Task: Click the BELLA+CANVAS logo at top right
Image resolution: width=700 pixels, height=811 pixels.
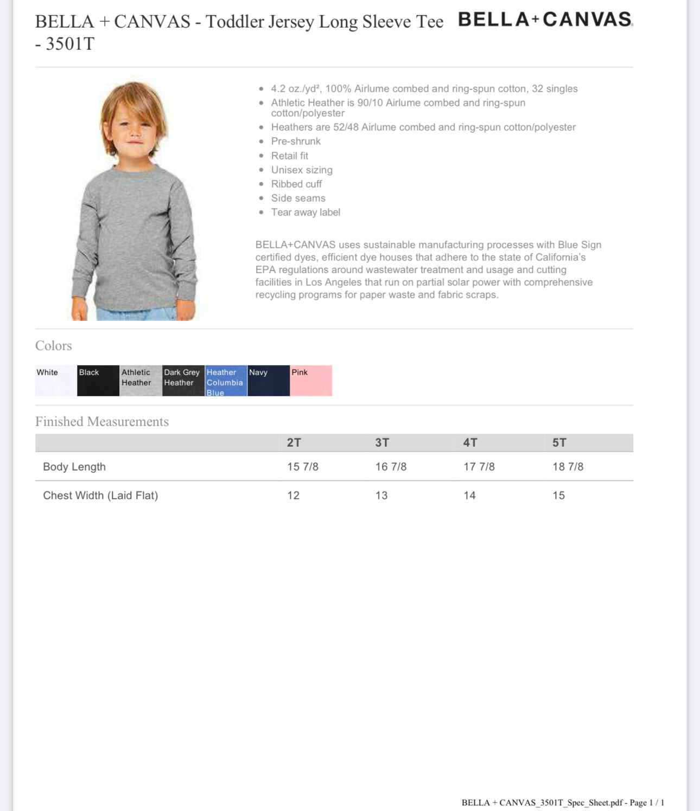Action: pos(545,20)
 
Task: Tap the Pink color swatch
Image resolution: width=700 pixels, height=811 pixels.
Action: pos(311,381)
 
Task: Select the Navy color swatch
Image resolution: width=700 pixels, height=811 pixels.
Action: pos(268,381)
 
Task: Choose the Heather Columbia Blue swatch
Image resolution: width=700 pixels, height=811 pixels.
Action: pos(226,381)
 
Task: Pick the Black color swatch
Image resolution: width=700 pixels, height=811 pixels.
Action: pos(98,381)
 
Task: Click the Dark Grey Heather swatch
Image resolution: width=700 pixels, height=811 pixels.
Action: pos(183,381)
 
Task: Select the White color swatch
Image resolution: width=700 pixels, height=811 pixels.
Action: pos(56,381)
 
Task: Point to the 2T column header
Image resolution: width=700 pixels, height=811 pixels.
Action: pos(294,442)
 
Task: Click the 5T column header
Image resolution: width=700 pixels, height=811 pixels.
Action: pos(559,442)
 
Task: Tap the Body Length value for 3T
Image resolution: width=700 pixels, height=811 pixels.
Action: pos(391,467)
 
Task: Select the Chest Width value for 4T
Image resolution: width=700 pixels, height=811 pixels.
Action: pos(469,495)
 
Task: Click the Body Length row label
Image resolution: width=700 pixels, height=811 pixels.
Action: pos(74,467)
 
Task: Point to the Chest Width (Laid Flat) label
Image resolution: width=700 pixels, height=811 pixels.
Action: pos(100,495)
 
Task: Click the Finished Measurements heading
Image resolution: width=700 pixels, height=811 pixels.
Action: pos(102,422)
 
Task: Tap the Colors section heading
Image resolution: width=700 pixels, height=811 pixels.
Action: pos(54,346)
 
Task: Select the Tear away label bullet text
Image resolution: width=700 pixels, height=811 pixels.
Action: pos(306,213)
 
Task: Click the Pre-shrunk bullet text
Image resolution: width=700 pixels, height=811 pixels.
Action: pos(296,141)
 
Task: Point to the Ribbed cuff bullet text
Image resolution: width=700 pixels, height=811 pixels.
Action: pos(296,184)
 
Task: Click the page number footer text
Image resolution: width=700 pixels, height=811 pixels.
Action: pos(563,802)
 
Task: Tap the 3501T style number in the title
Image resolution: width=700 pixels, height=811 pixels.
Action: pos(70,44)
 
